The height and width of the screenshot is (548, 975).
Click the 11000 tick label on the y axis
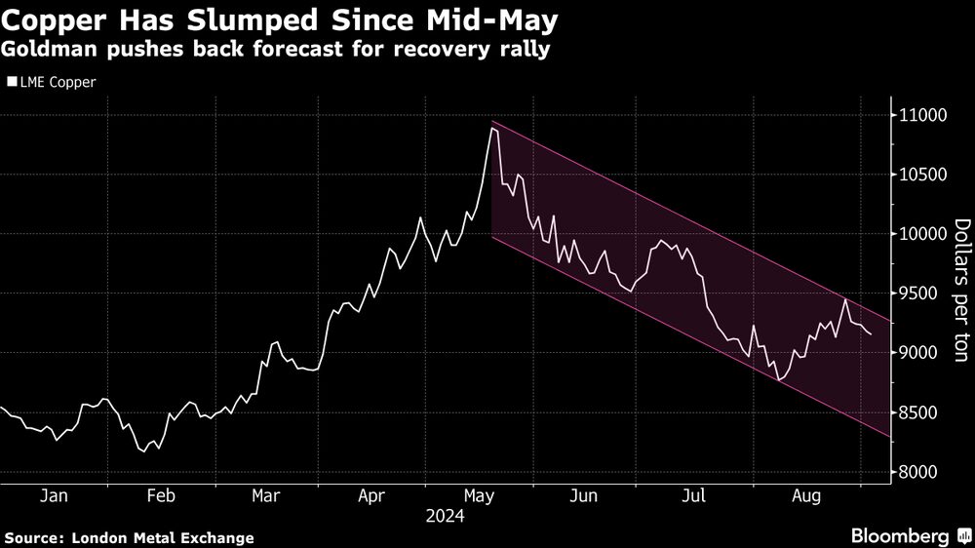click(923, 115)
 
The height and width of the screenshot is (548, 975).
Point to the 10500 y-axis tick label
click(923, 175)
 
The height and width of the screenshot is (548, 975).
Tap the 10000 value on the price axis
click(923, 234)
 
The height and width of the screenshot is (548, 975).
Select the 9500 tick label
click(919, 294)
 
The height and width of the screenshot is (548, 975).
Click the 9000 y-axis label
click(919, 353)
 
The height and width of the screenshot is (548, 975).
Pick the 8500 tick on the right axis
click(919, 413)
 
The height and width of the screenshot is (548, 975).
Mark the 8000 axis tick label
click(919, 473)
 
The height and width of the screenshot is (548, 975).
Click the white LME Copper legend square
click(12, 82)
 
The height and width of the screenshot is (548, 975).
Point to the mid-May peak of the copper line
click(492, 128)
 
